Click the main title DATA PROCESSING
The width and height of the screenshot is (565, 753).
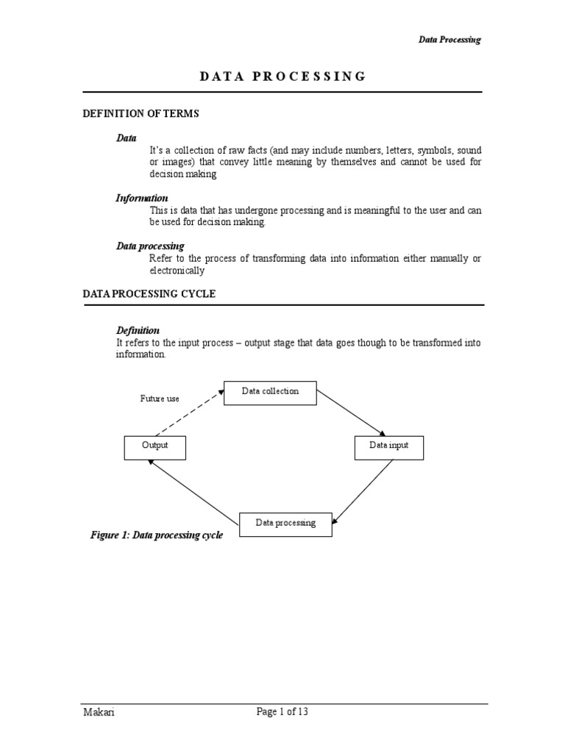click(x=282, y=76)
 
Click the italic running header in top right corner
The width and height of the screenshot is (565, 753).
click(x=449, y=40)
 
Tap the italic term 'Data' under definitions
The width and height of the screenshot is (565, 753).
click(x=127, y=138)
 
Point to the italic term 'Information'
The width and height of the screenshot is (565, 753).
click(x=142, y=198)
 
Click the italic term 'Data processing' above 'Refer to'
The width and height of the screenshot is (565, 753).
click(x=150, y=246)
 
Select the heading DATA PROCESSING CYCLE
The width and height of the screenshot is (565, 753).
click(x=148, y=293)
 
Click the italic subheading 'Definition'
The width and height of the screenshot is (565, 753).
click(x=138, y=330)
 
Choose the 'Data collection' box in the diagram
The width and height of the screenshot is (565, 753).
click(x=270, y=393)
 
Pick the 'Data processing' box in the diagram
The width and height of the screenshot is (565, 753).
click(x=285, y=524)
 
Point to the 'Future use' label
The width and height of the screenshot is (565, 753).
click(x=160, y=399)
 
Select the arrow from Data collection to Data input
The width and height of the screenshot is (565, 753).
click(x=351, y=413)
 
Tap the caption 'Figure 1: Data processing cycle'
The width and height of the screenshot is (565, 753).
click(x=156, y=535)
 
